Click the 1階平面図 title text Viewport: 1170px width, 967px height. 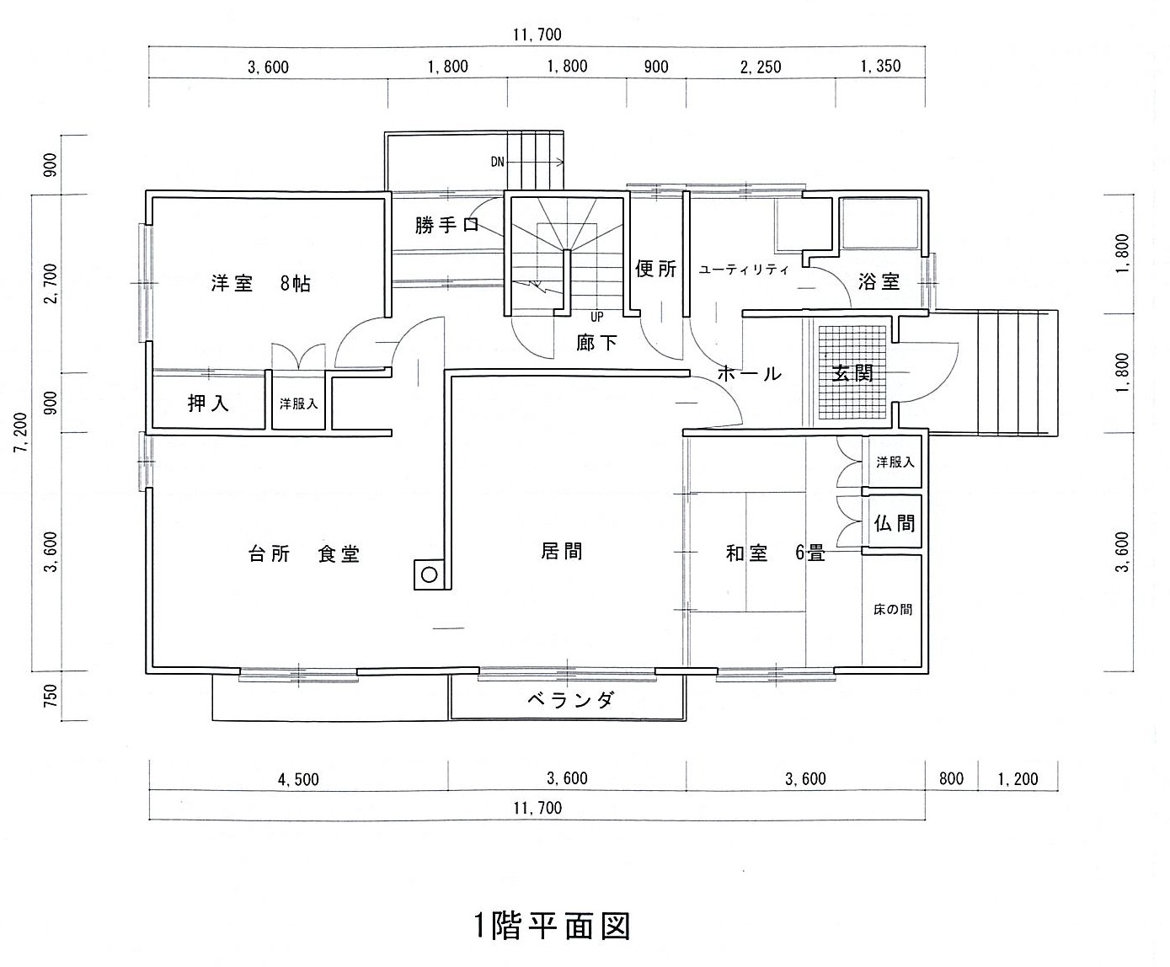coord(552,926)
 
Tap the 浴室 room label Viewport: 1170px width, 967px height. coord(879,281)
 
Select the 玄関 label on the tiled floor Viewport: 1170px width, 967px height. coord(852,373)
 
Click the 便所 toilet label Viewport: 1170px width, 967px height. coord(655,269)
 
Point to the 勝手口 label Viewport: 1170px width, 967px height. coord(446,225)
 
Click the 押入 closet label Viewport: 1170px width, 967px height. coord(208,403)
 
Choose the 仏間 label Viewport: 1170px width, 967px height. coord(895,523)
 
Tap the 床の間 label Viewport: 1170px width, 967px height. coord(893,609)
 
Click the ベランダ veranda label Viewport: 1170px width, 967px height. coord(570,700)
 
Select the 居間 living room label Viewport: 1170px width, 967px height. coord(562,551)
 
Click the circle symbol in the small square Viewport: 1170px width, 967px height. coord(430,574)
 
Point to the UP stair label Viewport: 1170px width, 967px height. coord(596,317)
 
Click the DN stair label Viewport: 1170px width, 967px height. coord(498,163)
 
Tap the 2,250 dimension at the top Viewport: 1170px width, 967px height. coord(761,67)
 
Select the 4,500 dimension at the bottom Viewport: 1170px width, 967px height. coord(298,779)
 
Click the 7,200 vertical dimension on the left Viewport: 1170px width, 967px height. coord(21,432)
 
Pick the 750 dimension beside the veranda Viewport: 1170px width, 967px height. coord(51,695)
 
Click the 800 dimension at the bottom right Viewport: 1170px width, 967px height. coord(951,779)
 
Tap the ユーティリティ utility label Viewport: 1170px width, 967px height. coord(744,270)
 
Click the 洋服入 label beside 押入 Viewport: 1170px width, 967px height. coord(299,403)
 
